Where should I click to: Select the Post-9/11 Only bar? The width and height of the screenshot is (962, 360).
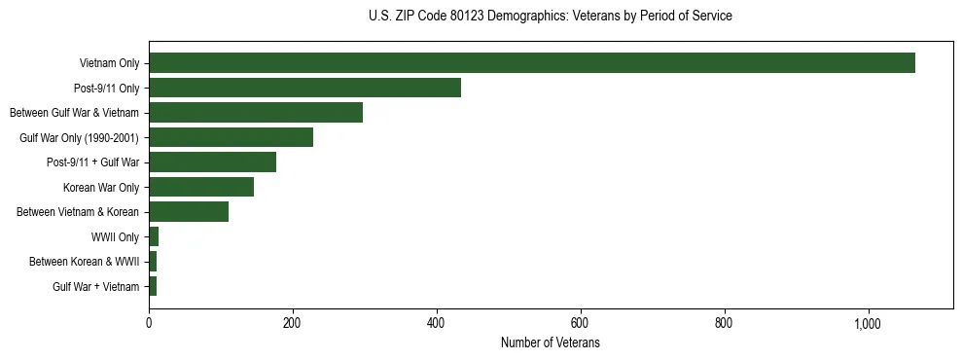pyautogui.click(x=304, y=88)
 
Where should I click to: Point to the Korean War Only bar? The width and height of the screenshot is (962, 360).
pyautogui.click(x=201, y=187)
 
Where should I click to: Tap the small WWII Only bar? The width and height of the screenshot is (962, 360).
pyautogui.click(x=154, y=236)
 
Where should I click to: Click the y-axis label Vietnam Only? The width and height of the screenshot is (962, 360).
pyautogui.click(x=109, y=64)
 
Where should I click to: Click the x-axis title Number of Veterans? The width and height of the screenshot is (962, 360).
pyautogui.click(x=550, y=343)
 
